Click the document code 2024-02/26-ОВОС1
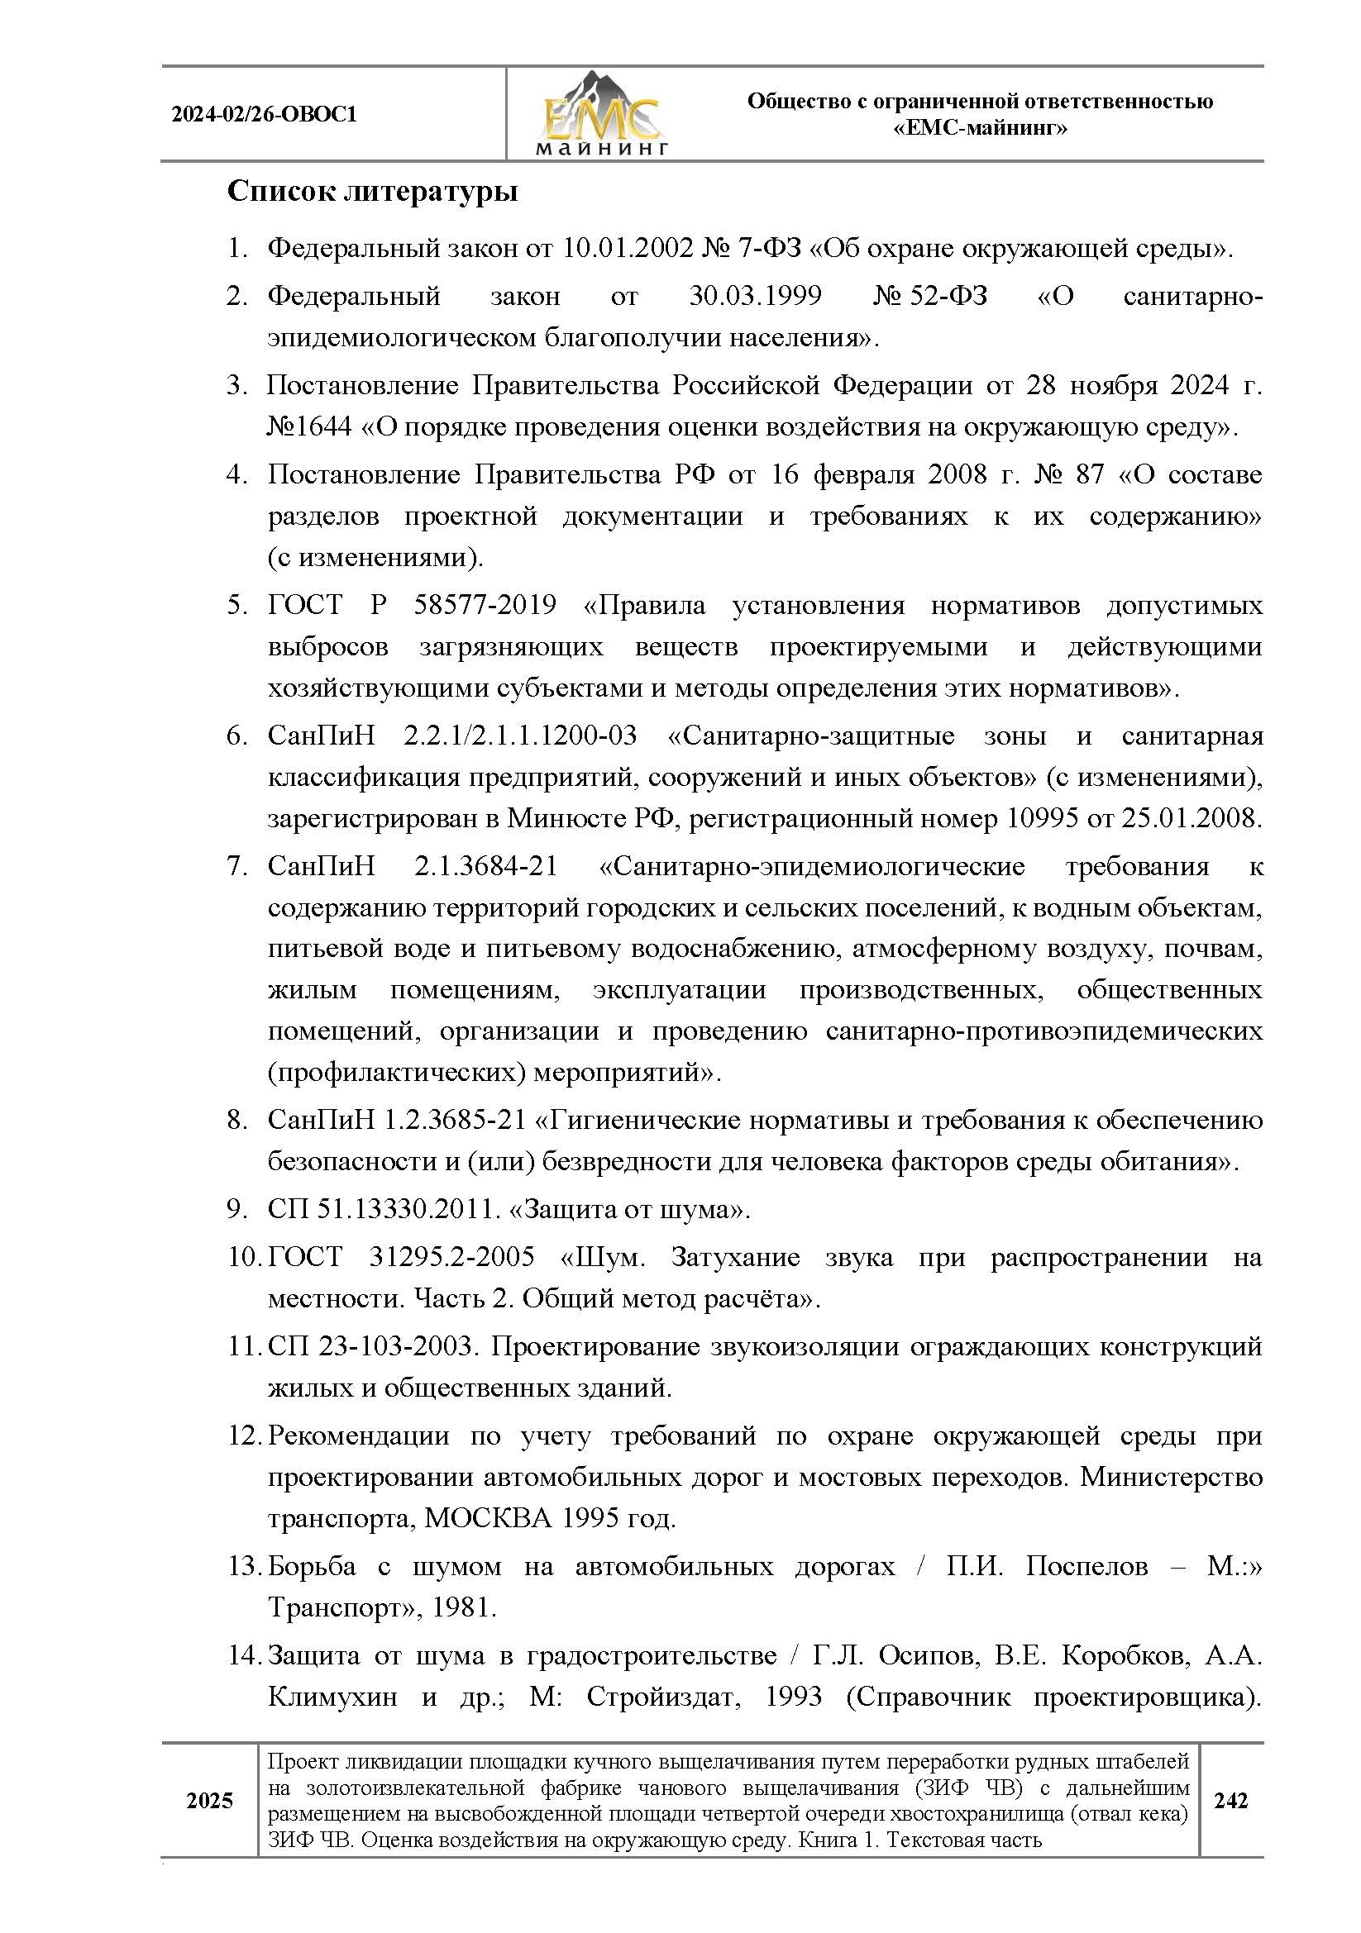(x=265, y=115)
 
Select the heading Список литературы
(x=372, y=191)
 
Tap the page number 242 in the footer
(x=1230, y=1800)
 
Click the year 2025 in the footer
(x=210, y=1800)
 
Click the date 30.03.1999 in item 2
(x=755, y=297)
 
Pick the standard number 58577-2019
(x=485, y=604)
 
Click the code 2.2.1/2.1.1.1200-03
(x=519, y=736)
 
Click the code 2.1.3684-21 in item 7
(x=486, y=866)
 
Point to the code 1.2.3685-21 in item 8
(x=455, y=1121)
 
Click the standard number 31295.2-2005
(x=451, y=1258)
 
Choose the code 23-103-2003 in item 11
(x=396, y=1346)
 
